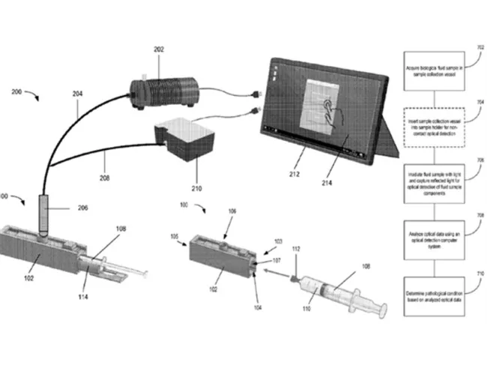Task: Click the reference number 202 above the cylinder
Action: [x=158, y=50]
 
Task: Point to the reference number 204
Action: [x=78, y=96]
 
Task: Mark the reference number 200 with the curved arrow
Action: [x=16, y=93]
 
